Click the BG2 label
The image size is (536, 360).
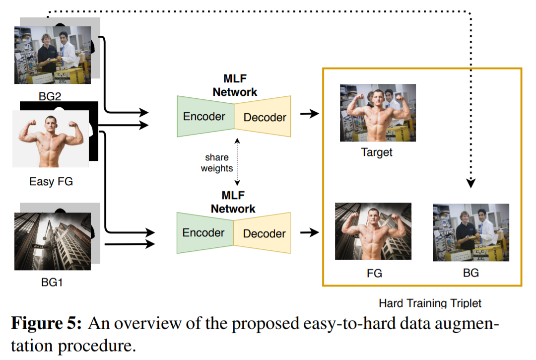point(50,96)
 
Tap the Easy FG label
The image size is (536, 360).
point(51,182)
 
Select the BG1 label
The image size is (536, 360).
point(52,283)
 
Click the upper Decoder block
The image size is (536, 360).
point(263,117)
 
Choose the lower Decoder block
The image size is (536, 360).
point(262,233)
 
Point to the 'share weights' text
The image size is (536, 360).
point(217,163)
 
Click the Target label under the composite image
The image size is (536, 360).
point(377,152)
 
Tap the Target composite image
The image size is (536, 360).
point(378,113)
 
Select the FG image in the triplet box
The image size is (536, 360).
point(373,231)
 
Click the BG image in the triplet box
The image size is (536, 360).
point(471,232)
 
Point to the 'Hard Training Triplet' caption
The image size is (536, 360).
point(430,303)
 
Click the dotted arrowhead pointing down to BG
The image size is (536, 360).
point(470,183)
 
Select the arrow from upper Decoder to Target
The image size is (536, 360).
point(310,114)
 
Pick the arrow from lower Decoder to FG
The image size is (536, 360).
point(310,232)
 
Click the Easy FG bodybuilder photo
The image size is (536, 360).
point(51,139)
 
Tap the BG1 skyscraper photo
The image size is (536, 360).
point(53,241)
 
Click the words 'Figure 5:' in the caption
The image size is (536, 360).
point(47,323)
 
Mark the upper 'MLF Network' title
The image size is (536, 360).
point(235,85)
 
